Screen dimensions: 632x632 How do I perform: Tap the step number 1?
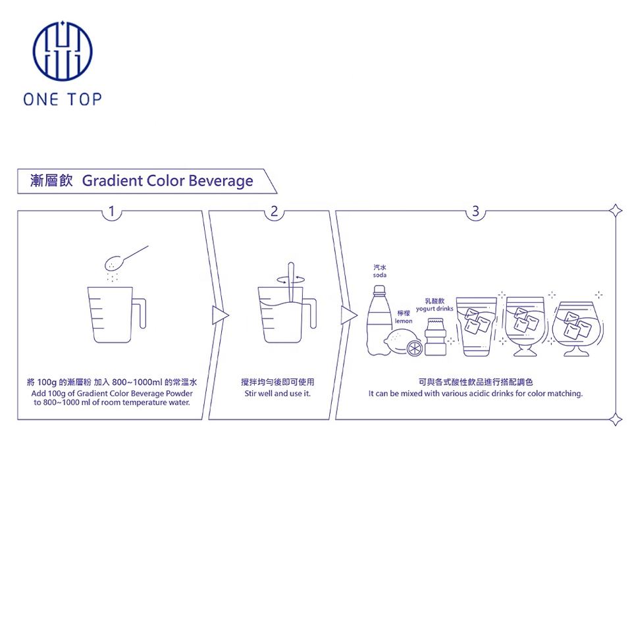(112, 211)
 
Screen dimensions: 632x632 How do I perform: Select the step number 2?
(274, 211)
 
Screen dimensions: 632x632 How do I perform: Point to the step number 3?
(475, 211)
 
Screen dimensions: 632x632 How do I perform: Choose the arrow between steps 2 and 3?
(346, 315)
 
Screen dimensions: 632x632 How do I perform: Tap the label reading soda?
(380, 275)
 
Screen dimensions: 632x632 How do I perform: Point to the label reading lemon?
(404, 321)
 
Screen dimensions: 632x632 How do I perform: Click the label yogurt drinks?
(435, 309)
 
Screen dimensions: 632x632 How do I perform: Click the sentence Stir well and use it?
(277, 394)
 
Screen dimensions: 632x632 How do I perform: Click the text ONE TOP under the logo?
(63, 99)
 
